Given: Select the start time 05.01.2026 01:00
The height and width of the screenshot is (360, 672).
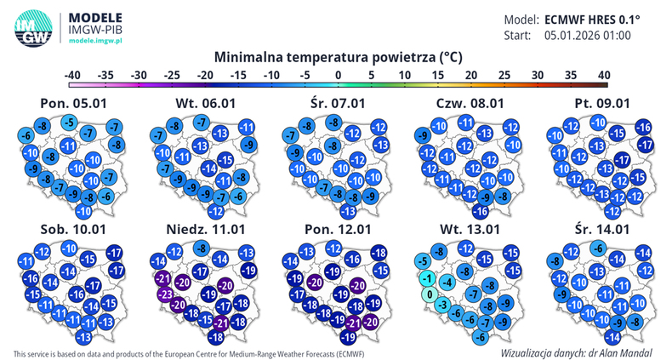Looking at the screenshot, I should (587, 36).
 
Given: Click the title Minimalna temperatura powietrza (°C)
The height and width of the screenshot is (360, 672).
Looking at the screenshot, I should (338, 57).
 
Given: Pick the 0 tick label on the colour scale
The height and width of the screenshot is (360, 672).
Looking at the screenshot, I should (339, 75).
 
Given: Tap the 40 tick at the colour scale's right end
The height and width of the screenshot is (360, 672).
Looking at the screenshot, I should (604, 75).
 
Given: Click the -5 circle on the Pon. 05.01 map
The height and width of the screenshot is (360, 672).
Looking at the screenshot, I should (68, 123).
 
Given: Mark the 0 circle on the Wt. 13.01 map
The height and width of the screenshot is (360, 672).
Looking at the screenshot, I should (430, 294).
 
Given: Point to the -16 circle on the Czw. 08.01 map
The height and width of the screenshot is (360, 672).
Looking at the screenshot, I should (481, 210).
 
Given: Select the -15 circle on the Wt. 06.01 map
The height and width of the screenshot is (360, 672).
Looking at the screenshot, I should (225, 161).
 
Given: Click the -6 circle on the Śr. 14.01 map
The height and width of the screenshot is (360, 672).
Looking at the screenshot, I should (599, 248).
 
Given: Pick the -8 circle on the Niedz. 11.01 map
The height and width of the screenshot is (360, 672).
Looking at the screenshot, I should (201, 249).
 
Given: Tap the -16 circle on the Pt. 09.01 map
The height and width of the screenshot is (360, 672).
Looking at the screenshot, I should (644, 128).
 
